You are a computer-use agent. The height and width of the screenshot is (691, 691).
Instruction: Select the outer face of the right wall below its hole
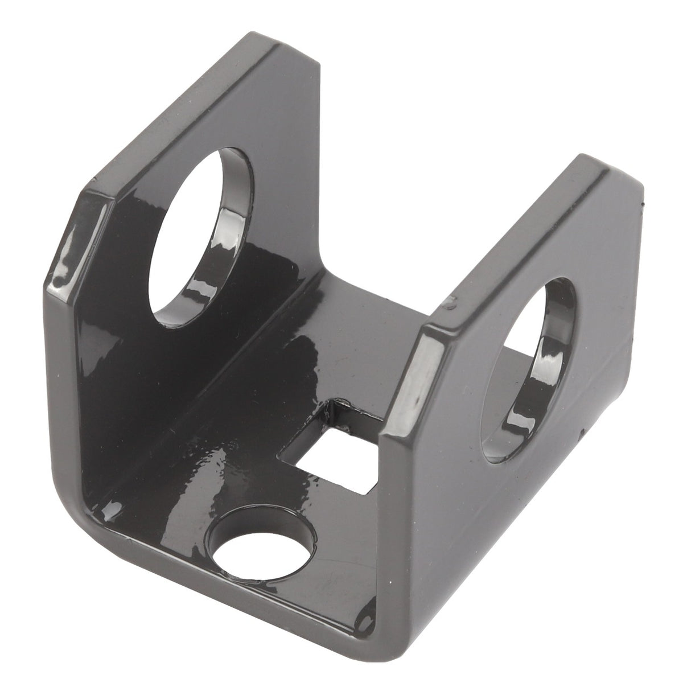[501, 512]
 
